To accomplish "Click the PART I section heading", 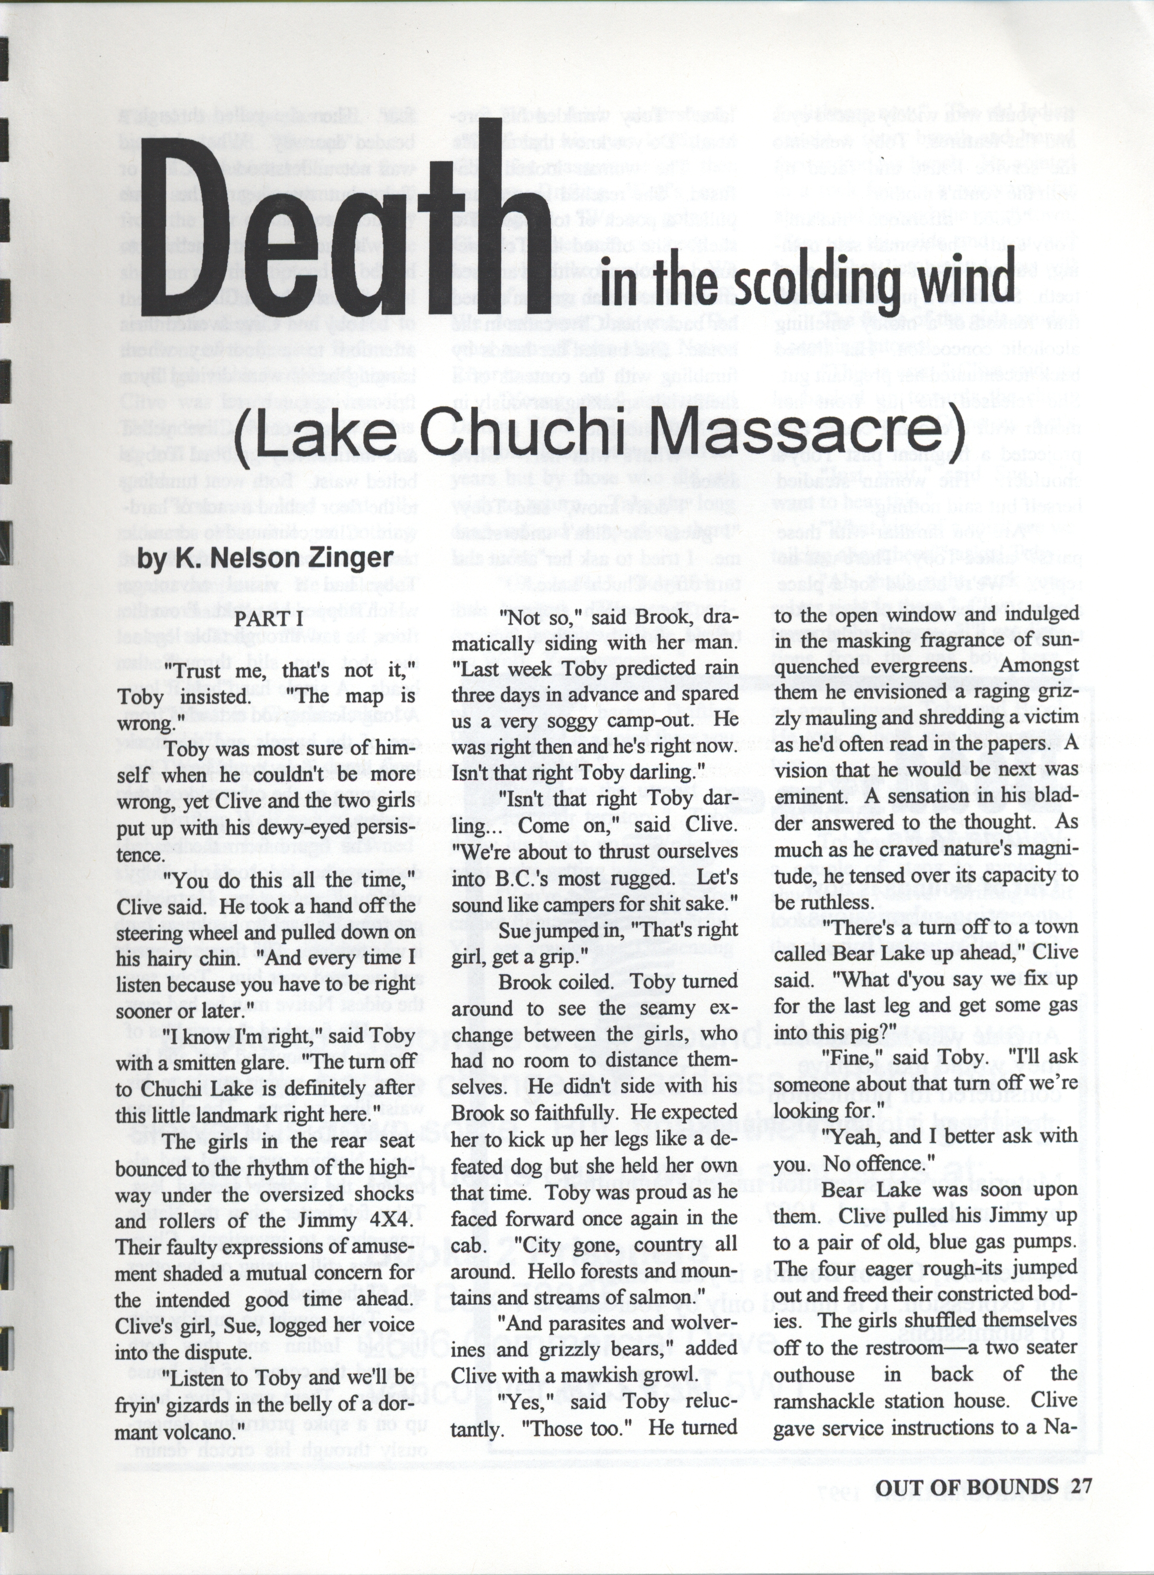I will point(268,619).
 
